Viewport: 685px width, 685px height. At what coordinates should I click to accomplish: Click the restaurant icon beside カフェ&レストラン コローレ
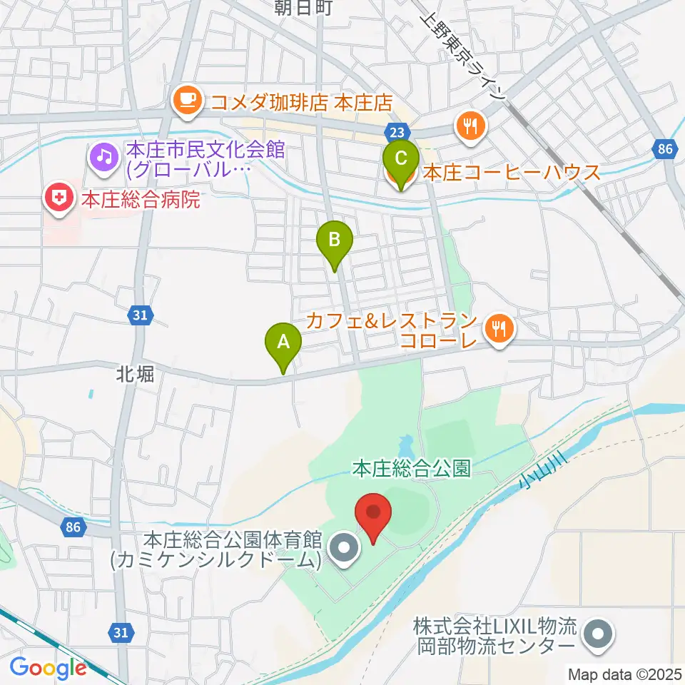pos(498,328)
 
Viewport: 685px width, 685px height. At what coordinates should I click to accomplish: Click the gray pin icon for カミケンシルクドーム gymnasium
pos(344,549)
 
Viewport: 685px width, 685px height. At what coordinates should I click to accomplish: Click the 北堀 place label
pos(136,373)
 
